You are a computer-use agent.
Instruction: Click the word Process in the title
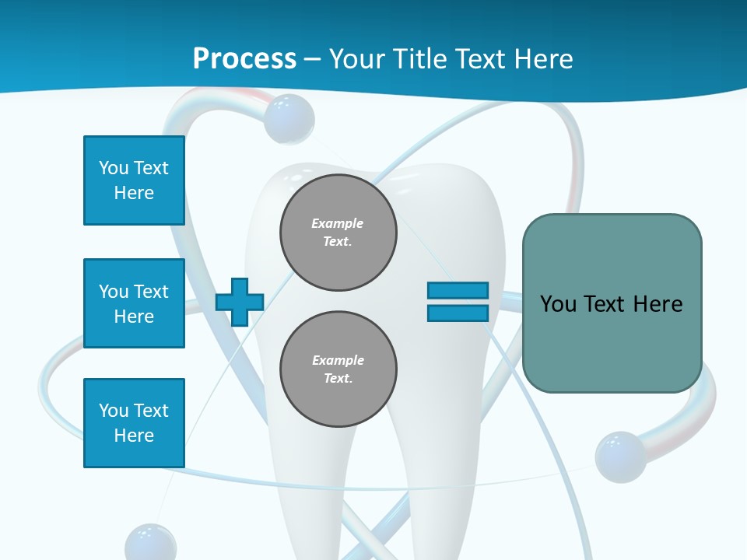click(x=244, y=58)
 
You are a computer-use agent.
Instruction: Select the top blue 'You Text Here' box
click(x=134, y=180)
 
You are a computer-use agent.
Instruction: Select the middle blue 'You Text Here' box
click(x=134, y=303)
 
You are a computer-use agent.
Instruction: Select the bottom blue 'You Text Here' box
click(x=134, y=423)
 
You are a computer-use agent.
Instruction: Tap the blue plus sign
click(x=239, y=302)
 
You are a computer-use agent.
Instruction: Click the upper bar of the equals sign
click(x=458, y=290)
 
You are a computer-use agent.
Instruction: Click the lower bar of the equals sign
click(x=458, y=313)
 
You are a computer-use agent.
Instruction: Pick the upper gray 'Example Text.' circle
click(x=338, y=233)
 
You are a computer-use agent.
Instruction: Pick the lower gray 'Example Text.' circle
click(x=338, y=369)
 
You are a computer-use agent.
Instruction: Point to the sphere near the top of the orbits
click(x=289, y=119)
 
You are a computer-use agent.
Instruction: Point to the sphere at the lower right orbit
click(x=620, y=457)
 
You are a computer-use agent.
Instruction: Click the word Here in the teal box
click(x=658, y=304)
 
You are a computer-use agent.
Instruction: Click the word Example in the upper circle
click(x=337, y=223)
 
